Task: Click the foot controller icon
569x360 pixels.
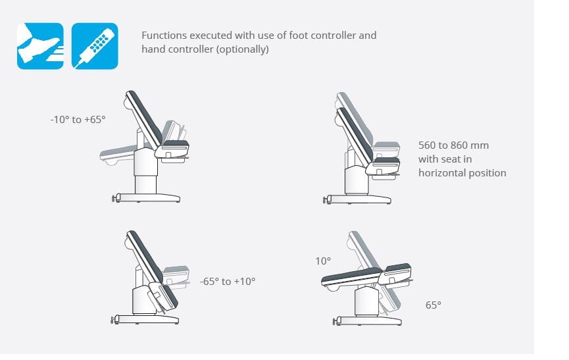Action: click(40, 46)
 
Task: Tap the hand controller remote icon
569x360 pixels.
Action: click(95, 46)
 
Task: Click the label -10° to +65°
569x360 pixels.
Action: click(78, 119)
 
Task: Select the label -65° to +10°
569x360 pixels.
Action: click(228, 281)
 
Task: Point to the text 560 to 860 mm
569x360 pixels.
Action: click(454, 145)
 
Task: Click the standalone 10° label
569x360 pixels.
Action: click(323, 261)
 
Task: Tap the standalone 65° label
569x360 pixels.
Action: click(433, 305)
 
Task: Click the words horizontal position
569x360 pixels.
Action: click(462, 172)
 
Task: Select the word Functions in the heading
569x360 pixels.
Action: click(164, 35)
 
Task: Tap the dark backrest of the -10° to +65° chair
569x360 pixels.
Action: click(144, 118)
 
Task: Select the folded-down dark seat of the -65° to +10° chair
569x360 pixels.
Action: click(169, 297)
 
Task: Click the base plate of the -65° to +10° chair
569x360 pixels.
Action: click(146, 319)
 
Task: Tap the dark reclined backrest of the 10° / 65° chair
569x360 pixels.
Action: click(351, 276)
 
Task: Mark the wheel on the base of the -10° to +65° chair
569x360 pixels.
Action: click(114, 198)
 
